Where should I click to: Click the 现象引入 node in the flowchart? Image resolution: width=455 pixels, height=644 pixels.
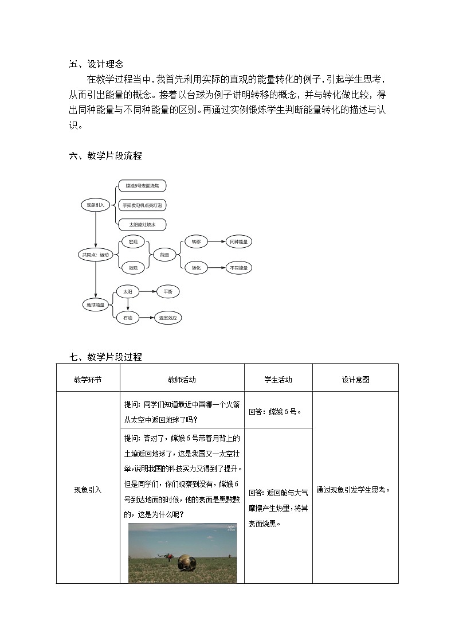[95, 205]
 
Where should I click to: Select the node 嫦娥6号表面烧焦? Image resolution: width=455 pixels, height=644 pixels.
[142, 186]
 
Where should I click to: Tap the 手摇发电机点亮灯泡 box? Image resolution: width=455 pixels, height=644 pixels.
[142, 205]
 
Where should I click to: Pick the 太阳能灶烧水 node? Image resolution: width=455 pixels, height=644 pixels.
[142, 224]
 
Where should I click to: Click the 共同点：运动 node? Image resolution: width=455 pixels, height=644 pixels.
[96, 255]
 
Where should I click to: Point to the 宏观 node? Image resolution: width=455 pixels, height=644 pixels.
[133, 242]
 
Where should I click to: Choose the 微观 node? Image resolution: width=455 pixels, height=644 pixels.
[133, 268]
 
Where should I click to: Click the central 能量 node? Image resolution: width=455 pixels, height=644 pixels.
[164, 255]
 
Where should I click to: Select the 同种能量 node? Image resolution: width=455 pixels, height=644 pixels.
[238, 242]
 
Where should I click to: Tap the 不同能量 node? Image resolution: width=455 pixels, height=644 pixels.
[238, 268]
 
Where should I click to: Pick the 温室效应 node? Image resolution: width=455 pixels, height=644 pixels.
[168, 317]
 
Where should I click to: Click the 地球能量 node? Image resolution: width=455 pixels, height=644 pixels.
[96, 305]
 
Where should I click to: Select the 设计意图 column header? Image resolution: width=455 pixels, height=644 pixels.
[355, 379]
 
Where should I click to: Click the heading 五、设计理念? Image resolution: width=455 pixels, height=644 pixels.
[96, 64]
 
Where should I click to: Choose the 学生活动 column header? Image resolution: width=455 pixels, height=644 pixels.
[278, 379]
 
